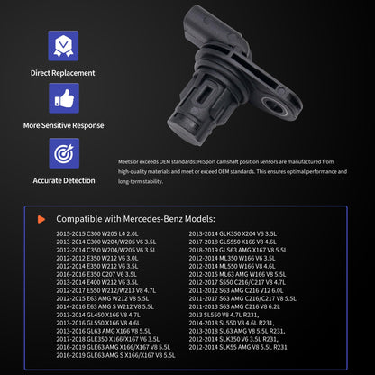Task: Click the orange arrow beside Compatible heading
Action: pos(40,219)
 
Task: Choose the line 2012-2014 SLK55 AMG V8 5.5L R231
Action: pos(239,346)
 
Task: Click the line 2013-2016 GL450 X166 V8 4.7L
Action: pos(99,313)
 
